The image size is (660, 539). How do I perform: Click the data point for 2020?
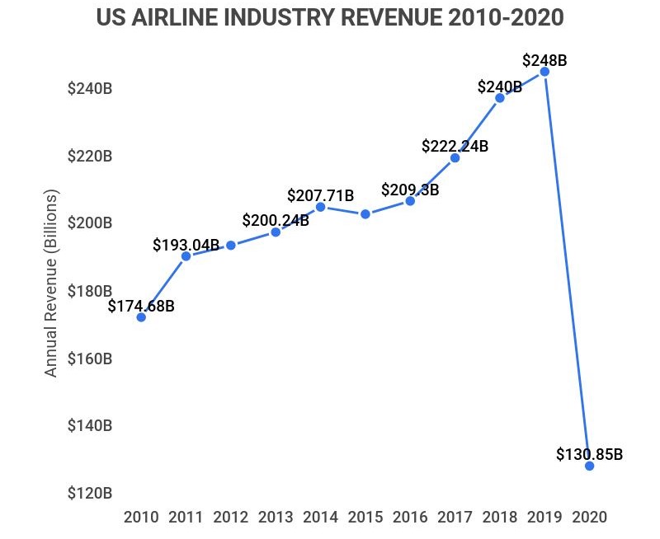589,466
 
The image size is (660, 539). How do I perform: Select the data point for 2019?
544,72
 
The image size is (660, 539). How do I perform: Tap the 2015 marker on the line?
365,214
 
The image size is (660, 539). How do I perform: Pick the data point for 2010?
141,316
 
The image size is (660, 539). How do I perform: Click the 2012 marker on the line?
231,245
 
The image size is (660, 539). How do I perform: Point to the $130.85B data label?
589,453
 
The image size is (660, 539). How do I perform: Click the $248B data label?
544,60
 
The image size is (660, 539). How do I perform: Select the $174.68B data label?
141,306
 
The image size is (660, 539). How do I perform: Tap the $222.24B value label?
455,146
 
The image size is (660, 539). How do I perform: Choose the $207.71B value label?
320,195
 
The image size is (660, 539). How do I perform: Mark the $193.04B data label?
186,245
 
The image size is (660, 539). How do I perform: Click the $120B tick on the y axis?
90,494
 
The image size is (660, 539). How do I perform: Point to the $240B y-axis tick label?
90,89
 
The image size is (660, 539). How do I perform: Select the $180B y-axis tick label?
90,291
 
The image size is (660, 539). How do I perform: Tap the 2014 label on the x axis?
320,518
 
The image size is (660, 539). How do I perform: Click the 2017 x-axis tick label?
455,518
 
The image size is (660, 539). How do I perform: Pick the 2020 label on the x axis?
589,518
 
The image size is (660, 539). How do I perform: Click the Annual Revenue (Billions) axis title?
51,284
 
